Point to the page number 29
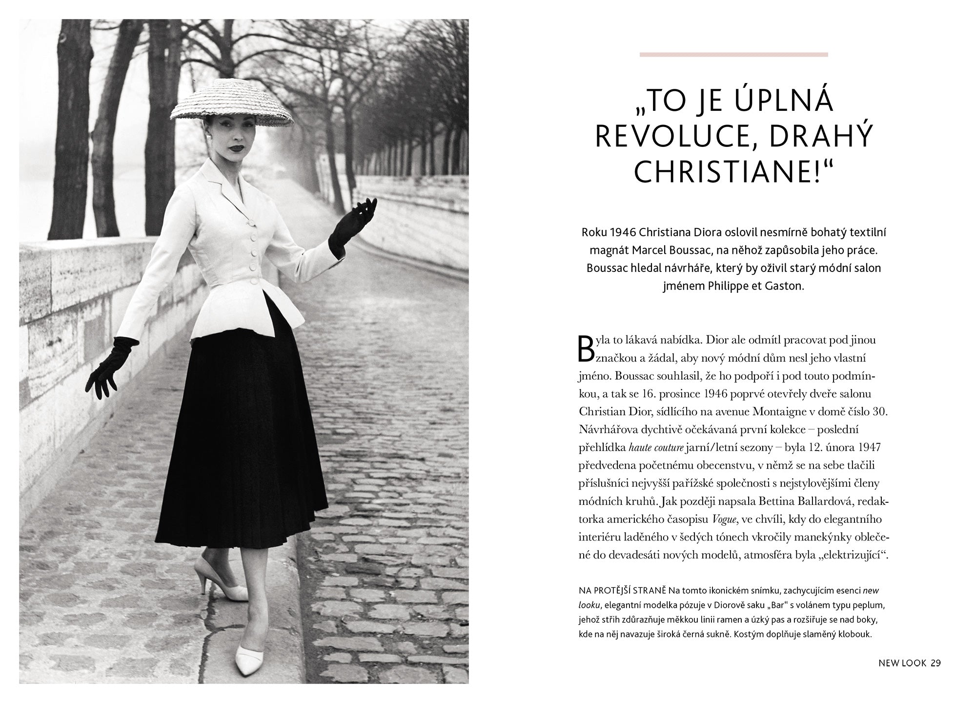[935, 663]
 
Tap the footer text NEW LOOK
[902, 663]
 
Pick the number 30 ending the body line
[879, 412]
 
